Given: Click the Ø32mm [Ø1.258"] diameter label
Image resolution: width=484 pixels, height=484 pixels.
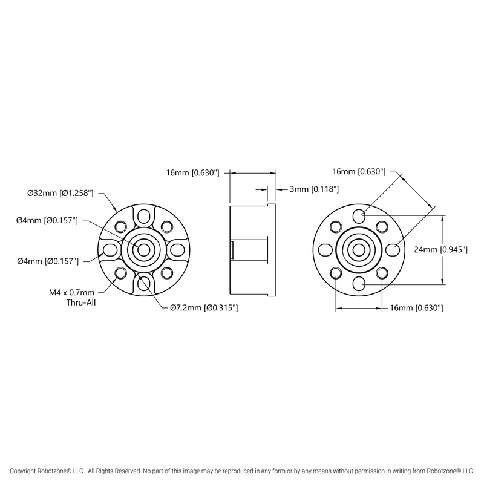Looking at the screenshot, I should pos(60,193).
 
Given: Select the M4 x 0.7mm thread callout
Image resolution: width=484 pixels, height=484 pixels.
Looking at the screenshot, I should pos(72,292).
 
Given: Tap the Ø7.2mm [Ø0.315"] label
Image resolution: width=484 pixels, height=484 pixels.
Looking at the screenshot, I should pos(203,308).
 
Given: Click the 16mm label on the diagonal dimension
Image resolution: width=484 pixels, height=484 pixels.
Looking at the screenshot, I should pos(359,172).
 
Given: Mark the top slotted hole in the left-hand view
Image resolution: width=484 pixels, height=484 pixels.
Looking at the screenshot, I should pos(144,217).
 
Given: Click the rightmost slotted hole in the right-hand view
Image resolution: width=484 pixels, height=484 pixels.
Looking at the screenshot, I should pos(391,249).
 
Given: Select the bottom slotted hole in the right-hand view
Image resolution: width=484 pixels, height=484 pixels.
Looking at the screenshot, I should pos(359,281).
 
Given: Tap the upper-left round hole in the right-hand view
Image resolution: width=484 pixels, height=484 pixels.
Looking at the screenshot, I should pos(336,226).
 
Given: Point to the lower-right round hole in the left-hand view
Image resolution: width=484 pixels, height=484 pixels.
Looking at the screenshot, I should pos(167,272).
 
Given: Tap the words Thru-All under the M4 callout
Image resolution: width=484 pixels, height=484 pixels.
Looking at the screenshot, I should pos(80,302).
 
